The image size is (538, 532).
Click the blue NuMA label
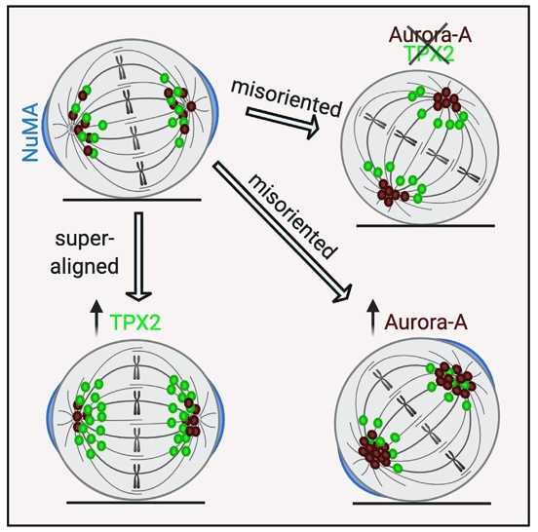30,133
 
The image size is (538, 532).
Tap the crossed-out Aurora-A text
430,35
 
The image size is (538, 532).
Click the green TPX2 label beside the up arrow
135,322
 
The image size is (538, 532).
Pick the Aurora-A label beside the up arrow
426,322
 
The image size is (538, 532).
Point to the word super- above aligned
85,239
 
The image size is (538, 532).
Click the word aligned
85,266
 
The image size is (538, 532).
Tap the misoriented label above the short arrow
287,97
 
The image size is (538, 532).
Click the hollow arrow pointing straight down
138,256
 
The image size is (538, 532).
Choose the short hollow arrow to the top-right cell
283,122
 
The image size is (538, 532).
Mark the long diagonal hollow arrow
282,232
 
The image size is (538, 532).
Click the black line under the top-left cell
133,200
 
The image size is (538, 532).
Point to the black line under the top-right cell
426,226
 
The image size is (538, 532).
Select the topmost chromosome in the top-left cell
120,66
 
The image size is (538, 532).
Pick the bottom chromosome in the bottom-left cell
136,476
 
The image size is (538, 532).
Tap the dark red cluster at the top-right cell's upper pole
446,98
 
